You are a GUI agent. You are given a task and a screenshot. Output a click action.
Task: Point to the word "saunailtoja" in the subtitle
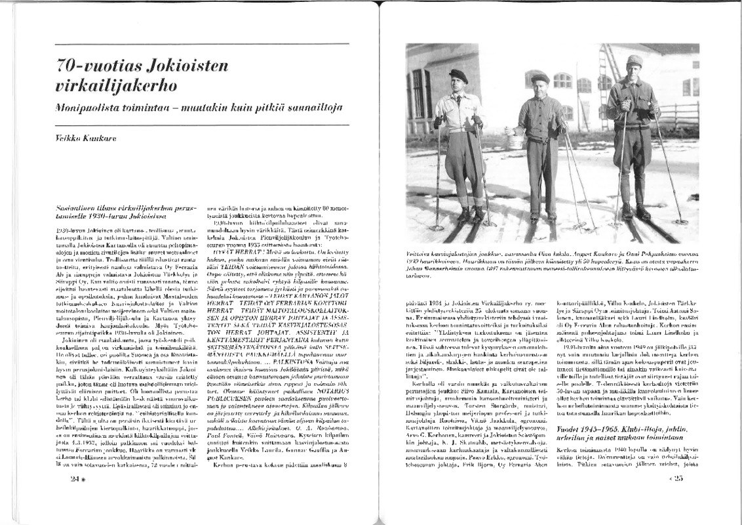[315, 107]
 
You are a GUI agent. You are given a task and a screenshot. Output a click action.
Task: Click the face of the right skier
[634, 70]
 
